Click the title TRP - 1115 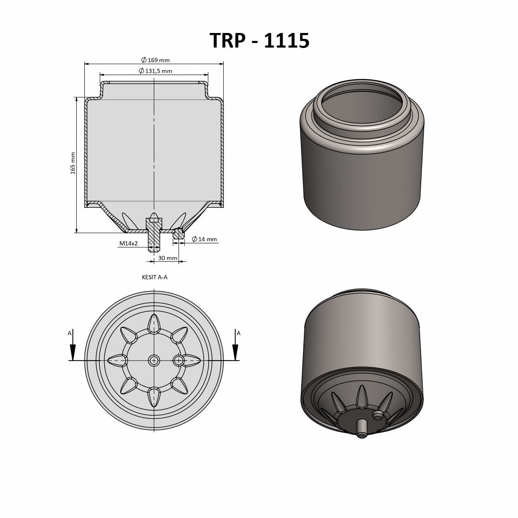(x=259, y=41)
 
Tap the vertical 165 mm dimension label (x=73, y=163)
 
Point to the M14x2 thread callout (x=129, y=243)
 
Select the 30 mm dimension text (x=167, y=258)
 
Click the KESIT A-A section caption (x=154, y=277)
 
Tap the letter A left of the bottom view (x=70, y=333)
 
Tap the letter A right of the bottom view (x=238, y=333)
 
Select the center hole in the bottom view (x=154, y=360)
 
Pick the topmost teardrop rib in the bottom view (x=154, y=323)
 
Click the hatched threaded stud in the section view (x=154, y=236)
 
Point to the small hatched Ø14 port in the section (x=179, y=234)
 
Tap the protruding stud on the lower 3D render (x=362, y=428)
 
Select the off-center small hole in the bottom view (x=179, y=360)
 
